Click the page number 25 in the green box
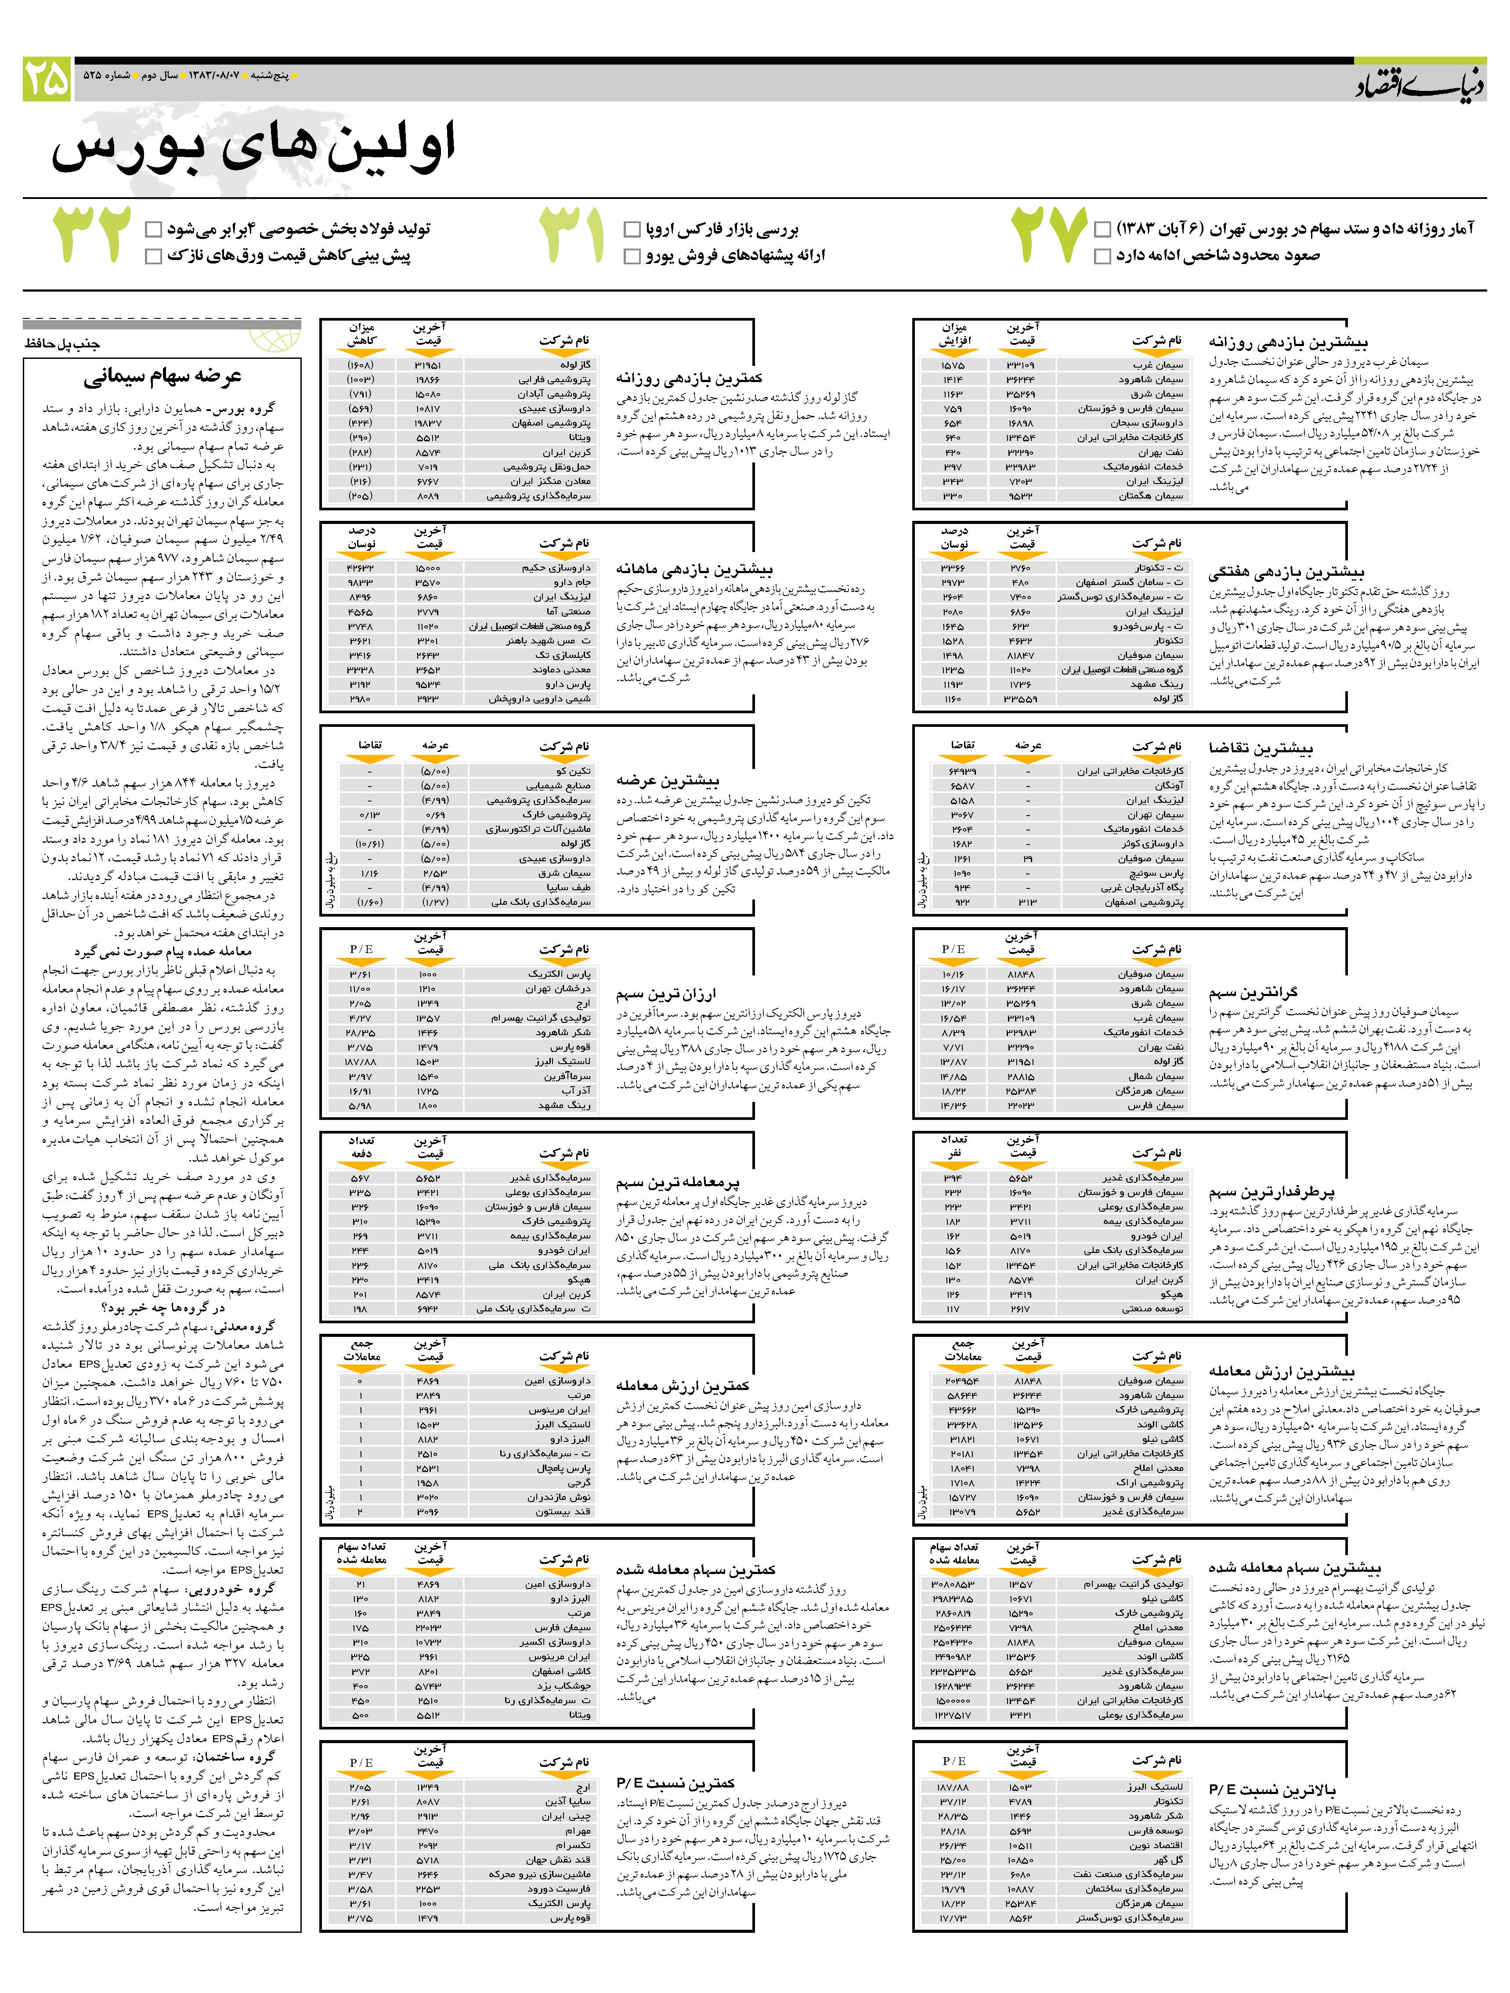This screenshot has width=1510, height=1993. (47, 79)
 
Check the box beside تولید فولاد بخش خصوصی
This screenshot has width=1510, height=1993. (153, 229)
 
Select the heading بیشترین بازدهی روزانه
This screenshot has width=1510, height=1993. (1288, 343)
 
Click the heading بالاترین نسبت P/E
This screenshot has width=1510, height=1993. (1272, 1789)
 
